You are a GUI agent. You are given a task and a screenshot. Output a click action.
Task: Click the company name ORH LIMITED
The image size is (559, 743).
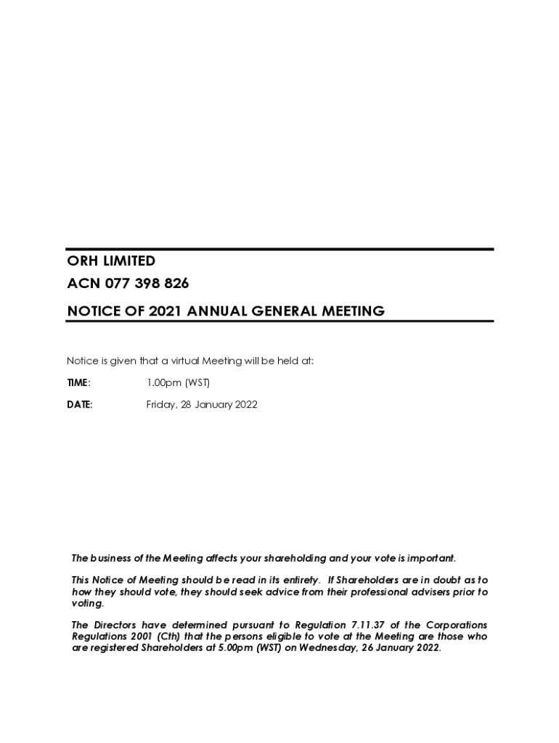pos(111,261)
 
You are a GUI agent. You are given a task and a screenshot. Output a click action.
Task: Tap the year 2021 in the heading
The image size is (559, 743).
pos(166,311)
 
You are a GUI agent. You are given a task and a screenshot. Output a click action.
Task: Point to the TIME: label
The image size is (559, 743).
pos(78,382)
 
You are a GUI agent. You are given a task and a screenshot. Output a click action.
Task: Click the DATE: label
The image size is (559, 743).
pos(80,405)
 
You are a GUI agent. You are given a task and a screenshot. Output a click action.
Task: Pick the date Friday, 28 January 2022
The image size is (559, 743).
pos(202,405)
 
